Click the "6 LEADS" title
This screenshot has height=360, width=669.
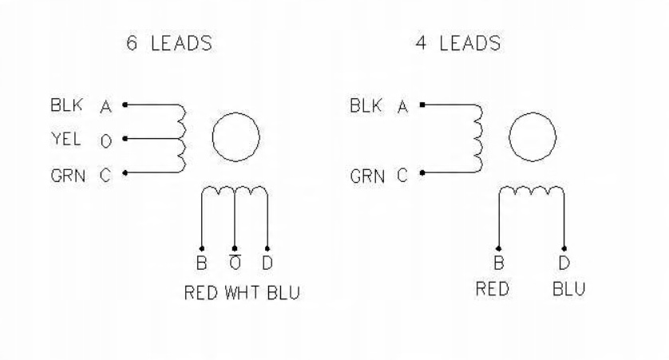pyautogui.click(x=169, y=44)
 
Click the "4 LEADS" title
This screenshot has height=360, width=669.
pyautogui.click(x=457, y=44)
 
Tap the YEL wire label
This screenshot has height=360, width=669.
pyautogui.click(x=63, y=140)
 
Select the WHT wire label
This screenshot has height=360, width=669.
pyautogui.click(x=239, y=292)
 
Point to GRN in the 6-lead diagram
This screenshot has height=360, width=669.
pyautogui.click(x=63, y=176)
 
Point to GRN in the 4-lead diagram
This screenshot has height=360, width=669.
pyautogui.click(x=366, y=176)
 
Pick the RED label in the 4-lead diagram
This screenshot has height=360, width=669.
pyautogui.click(x=493, y=288)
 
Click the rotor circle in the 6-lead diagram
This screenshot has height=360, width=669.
pyautogui.click(x=235, y=137)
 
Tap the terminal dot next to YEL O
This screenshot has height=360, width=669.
pyautogui.click(x=125, y=139)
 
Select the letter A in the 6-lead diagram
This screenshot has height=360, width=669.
pyautogui.click(x=105, y=106)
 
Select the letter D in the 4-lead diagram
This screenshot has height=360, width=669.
pyautogui.click(x=564, y=263)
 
